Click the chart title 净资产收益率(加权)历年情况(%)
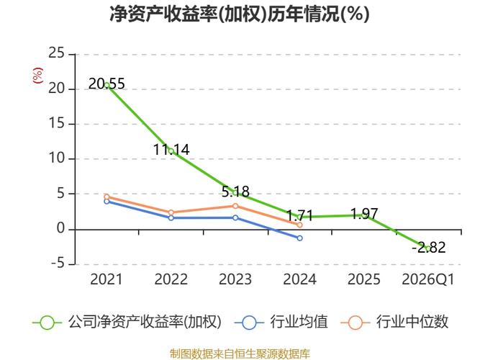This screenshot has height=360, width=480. pos(240,14)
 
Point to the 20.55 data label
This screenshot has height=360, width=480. pos(107,84)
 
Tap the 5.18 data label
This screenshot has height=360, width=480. pos(235,192)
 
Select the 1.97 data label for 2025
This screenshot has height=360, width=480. pos(363,213)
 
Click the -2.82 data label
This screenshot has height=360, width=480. pos(429,248)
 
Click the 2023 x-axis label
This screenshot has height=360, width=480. pos(235,279)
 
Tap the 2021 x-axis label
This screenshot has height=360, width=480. pos(107,279)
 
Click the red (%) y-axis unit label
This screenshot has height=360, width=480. pos(38,75)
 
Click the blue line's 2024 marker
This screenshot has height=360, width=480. pos(299,238)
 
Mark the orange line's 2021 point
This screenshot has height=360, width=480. pos(107,197)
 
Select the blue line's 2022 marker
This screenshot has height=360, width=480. pos(171,217)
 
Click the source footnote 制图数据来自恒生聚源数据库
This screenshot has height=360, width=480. pos(240,354)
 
